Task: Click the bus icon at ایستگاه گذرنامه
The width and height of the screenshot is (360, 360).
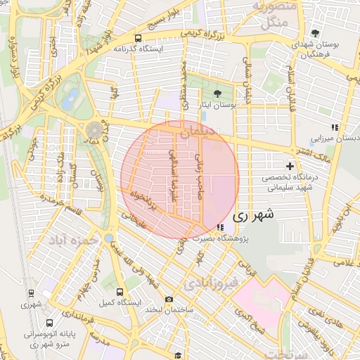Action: coord(138,38)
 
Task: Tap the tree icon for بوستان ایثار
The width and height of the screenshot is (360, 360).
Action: coord(217,93)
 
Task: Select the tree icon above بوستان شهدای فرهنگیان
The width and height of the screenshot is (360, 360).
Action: coord(316,33)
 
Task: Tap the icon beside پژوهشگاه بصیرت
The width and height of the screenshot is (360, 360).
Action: coord(221,227)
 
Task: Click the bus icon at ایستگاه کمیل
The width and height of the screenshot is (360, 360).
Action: coord(119,291)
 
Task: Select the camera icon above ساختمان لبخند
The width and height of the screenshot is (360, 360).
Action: coord(169,299)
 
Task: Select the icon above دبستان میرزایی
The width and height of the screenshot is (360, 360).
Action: coord(335,127)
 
